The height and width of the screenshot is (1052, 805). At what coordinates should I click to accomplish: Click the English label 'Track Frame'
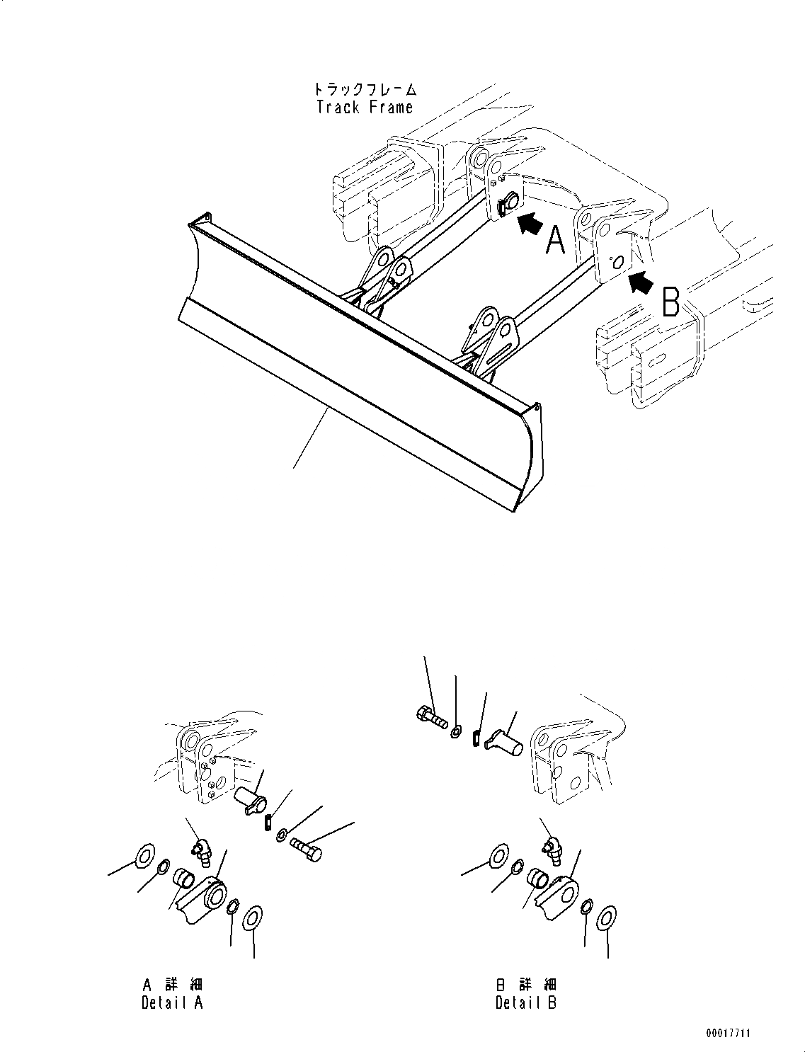364,108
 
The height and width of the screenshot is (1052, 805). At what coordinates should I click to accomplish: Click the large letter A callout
556,239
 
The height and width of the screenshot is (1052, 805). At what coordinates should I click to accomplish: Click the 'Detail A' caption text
172,1002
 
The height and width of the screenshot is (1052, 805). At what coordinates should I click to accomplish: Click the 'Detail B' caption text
526,1002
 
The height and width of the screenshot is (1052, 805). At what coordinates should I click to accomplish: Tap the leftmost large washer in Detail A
144,857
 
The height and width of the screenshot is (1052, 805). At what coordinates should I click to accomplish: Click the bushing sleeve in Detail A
185,880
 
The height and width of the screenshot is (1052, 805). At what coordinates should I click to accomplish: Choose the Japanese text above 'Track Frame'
365,90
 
